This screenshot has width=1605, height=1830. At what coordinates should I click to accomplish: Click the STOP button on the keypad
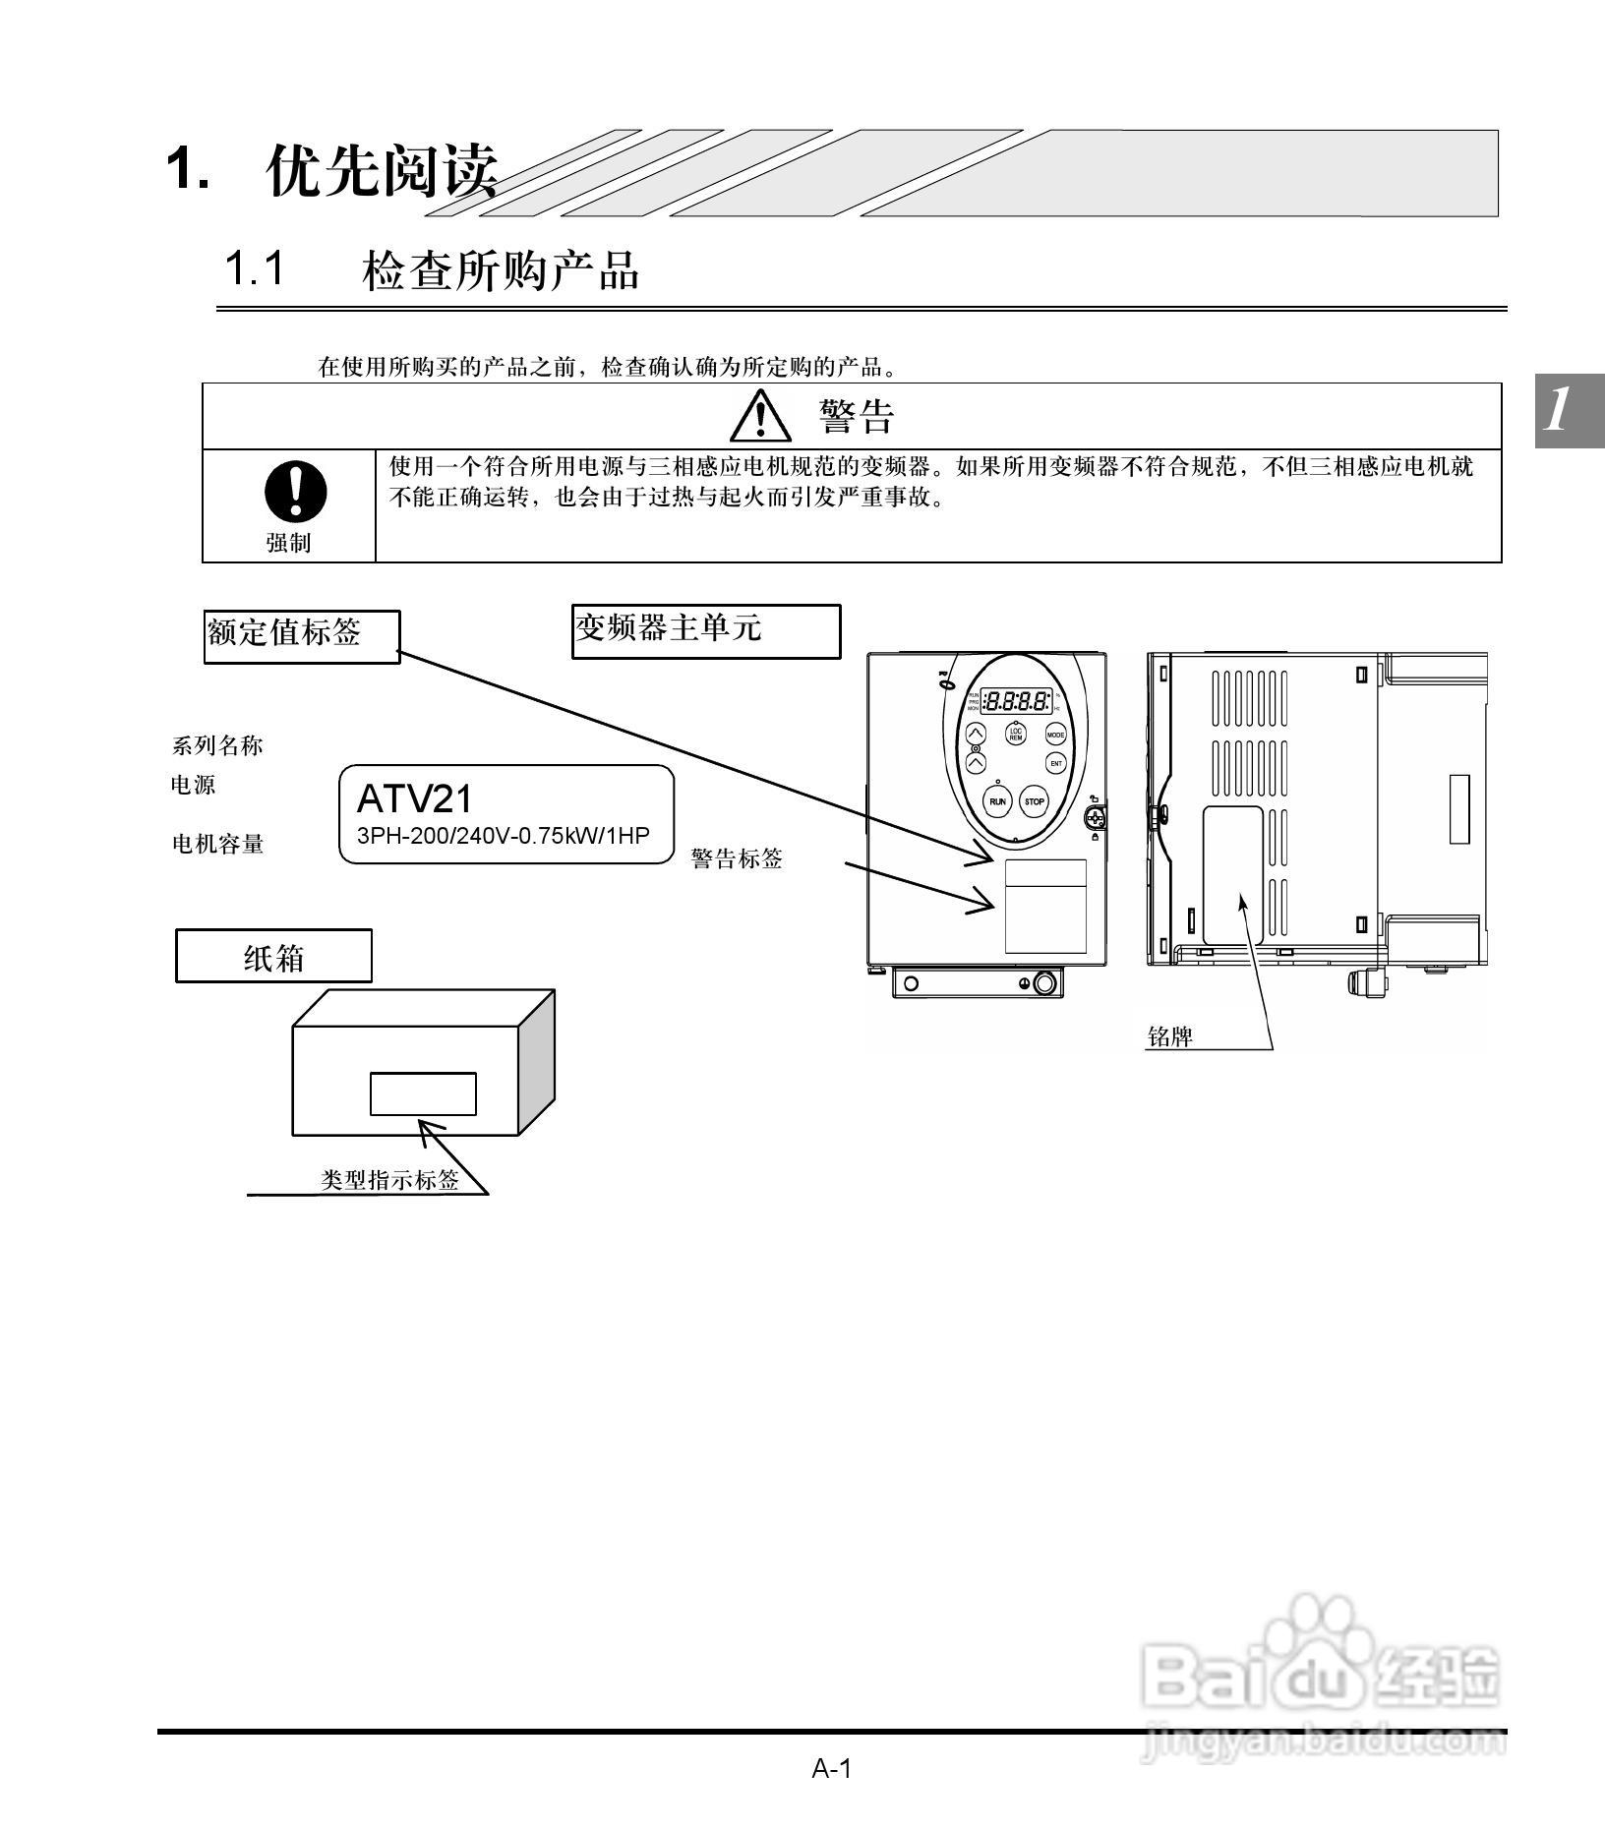click(1034, 801)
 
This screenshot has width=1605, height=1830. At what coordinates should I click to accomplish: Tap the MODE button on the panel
click(1055, 735)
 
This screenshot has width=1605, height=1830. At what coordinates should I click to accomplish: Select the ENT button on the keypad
click(1055, 763)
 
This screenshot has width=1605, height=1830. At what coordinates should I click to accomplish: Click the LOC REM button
click(1016, 734)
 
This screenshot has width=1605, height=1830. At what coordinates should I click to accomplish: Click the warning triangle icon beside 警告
click(760, 416)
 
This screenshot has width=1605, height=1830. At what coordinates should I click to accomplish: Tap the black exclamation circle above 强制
click(295, 492)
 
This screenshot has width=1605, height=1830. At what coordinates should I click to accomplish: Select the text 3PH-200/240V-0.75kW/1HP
click(503, 836)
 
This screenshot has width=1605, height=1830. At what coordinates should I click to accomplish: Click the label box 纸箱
click(273, 956)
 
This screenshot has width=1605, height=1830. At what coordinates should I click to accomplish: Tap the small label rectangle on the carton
click(423, 1093)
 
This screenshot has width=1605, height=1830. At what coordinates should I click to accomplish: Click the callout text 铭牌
click(1170, 1036)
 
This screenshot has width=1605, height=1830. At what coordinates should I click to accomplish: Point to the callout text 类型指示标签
click(389, 1180)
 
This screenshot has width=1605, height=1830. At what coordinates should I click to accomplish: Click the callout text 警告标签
click(737, 858)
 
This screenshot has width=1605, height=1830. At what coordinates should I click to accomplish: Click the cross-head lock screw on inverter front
click(1095, 816)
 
